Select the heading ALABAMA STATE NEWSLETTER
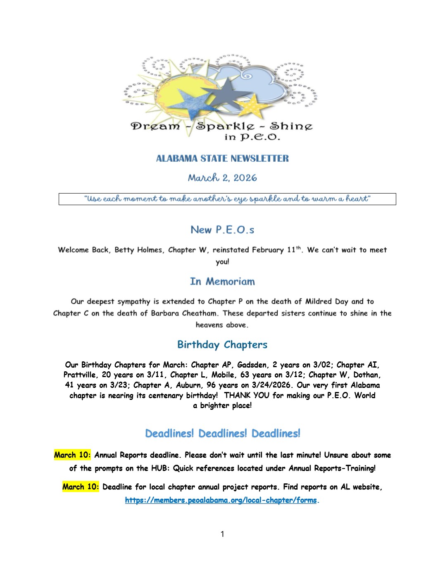(x=222, y=158)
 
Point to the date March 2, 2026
(x=222, y=178)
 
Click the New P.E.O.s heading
(x=222, y=229)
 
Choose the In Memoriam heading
(x=222, y=282)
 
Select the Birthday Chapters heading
(x=222, y=344)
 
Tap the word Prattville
(x=81, y=375)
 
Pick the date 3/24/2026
(x=270, y=385)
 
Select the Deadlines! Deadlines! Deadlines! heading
(x=222, y=433)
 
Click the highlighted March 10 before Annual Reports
(x=72, y=455)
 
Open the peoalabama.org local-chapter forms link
(x=221, y=500)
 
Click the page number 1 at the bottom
(x=222, y=534)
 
